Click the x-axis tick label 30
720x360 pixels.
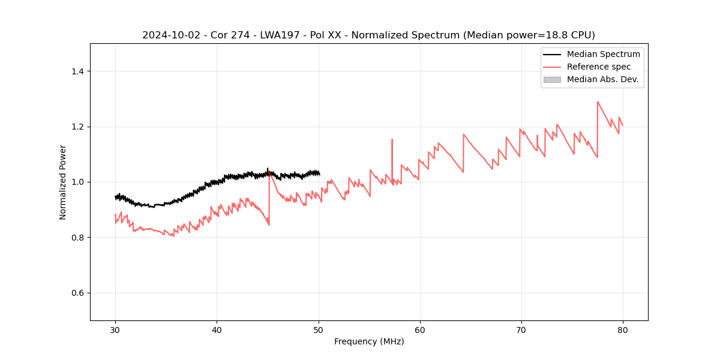tap(115, 329)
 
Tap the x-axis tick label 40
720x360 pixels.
tap(217, 329)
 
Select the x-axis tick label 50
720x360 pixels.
tap(318, 329)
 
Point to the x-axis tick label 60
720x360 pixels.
tap(420, 329)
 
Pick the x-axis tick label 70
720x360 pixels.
tap(521, 329)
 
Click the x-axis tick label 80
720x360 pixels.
tap(623, 329)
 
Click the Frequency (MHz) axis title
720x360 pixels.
tap(369, 341)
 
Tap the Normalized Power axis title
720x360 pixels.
tap(63, 182)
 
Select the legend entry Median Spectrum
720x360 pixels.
tap(603, 54)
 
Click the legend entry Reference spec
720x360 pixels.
tap(598, 67)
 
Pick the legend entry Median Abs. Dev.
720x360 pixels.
tap(602, 79)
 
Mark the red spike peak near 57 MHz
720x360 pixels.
tap(392, 140)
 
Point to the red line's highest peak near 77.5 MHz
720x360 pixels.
tap(598, 101)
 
